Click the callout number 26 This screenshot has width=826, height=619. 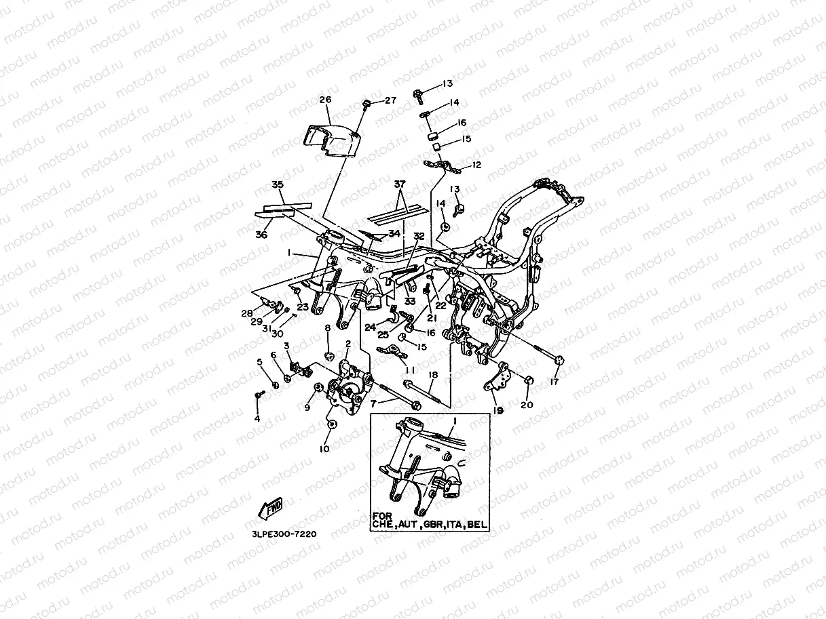[325, 100]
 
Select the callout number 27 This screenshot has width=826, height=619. [390, 100]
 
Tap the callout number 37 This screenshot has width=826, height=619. [400, 184]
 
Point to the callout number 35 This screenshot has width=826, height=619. [278, 184]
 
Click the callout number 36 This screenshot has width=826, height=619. [261, 235]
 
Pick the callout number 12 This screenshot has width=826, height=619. [476, 165]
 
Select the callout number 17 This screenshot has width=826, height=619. [555, 382]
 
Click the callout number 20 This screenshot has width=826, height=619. [527, 405]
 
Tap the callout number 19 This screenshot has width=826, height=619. [498, 411]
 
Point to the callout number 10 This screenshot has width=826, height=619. [324, 449]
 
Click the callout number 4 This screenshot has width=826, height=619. [257, 419]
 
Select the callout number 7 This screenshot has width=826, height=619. [373, 404]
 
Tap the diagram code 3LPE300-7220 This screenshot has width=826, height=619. [284, 534]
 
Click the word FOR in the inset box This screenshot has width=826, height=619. [382, 516]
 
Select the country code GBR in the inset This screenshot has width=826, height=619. [433, 525]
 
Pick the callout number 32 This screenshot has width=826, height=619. [419, 236]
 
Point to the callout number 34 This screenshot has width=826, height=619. [394, 233]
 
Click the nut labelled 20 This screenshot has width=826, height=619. [529, 380]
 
